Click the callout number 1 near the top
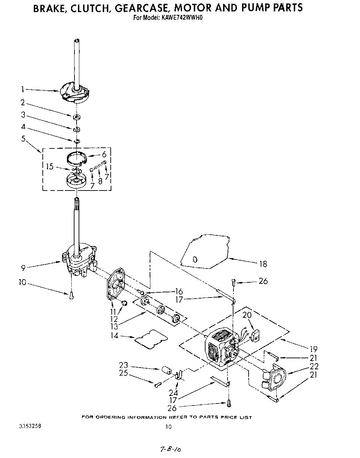(x=22, y=89)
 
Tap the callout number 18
(x=263, y=264)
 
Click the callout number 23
(x=123, y=365)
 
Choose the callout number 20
(x=247, y=315)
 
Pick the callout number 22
(x=314, y=366)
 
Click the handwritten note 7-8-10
(x=171, y=450)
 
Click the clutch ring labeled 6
(x=76, y=157)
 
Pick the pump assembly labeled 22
(x=276, y=378)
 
